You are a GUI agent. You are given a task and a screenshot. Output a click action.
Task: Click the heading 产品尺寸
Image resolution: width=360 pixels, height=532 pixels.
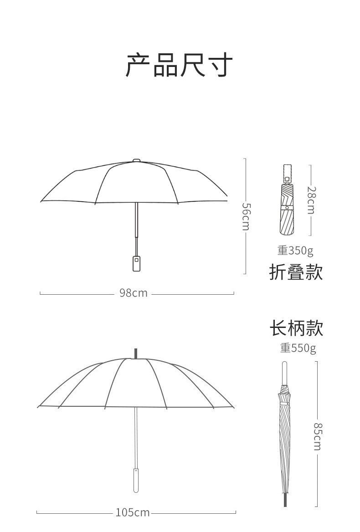pos(179,65)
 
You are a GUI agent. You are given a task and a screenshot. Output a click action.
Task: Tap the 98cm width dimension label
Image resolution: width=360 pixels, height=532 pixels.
pos(134,293)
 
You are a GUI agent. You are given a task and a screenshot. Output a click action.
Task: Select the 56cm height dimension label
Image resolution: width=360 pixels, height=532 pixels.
pos(246,216)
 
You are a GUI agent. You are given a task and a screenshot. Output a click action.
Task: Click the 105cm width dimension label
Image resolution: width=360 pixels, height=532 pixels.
pos(132,513)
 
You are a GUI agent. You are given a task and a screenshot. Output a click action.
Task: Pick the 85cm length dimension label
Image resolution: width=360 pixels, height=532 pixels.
pos(318,436)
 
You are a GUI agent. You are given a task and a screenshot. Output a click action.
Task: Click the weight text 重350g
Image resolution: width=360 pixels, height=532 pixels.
pos(295,251)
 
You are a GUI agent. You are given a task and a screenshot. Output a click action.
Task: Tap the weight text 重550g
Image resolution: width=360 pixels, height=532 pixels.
pos(298,348)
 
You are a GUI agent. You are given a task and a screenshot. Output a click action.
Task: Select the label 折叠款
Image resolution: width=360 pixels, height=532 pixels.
pos(296,272)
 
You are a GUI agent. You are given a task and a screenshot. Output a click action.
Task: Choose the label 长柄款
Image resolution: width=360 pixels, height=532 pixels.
pos(296,328)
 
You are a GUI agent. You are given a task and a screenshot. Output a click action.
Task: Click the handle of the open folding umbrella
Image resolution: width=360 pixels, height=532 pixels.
pos(136,263)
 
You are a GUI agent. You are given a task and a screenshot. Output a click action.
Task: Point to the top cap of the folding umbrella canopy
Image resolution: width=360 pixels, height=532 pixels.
pos(136,160)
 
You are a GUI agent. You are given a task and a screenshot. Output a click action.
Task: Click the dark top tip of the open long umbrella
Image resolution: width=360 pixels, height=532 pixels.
pos(135,353)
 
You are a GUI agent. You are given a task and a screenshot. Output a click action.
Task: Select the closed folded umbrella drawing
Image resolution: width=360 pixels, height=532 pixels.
pos(287,210)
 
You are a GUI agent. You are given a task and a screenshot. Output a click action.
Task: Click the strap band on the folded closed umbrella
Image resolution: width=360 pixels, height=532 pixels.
pos(287,207)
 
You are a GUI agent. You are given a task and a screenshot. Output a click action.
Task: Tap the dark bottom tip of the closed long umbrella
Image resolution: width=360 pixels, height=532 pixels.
pos(285,501)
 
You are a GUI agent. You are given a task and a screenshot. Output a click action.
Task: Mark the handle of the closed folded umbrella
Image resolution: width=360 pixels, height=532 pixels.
pos(287,173)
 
